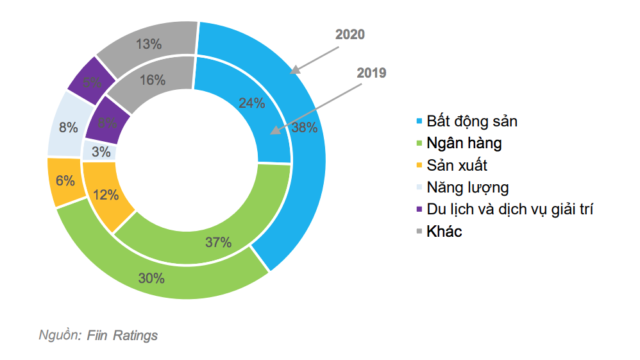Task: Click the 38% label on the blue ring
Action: pos(304,127)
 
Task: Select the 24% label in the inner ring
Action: pos(251,103)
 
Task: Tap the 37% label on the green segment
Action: pos(218,242)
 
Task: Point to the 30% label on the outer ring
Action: pos(152,279)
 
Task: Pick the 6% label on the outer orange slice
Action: pos(65,180)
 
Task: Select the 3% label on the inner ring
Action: pos(100,152)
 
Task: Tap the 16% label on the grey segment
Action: pos(153,80)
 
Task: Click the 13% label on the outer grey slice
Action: pos(149,44)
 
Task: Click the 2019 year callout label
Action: pos(371,73)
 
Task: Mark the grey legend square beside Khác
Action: pos(419,232)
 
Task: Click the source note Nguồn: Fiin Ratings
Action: pos(98,335)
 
